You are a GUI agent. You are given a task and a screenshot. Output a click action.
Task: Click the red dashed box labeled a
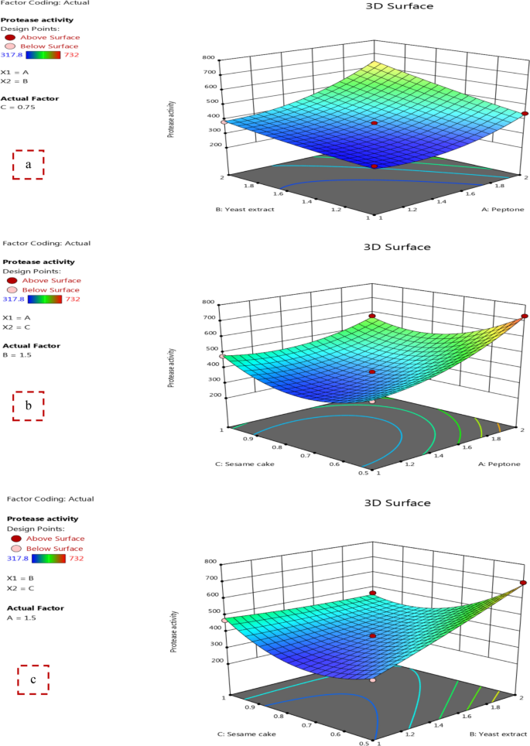coord(29,164)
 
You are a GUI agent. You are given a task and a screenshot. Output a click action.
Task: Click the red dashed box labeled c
coord(33,680)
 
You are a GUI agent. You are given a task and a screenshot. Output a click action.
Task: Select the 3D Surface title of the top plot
coord(398,6)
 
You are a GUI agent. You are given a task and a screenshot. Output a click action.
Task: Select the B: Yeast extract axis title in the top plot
coord(246,209)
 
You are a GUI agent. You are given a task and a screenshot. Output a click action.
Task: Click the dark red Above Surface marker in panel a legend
coord(9,37)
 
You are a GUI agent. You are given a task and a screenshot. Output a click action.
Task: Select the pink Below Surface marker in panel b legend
coord(9,289)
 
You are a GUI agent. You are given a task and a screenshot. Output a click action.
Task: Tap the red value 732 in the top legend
coord(73,55)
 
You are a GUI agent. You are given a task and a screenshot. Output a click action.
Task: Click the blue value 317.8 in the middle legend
coord(13,298)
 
